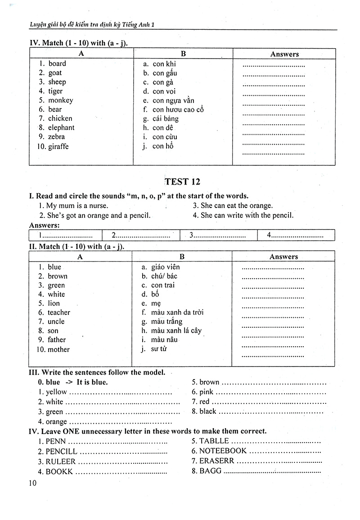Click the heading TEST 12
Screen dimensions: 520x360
[182, 182]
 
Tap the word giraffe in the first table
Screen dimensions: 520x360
[58, 146]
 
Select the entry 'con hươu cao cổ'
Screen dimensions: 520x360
[178, 109]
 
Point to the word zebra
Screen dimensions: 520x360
[57, 137]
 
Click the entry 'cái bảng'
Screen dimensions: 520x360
[165, 119]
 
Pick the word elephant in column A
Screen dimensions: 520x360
[61, 128]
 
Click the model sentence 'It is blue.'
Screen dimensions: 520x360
[92, 382]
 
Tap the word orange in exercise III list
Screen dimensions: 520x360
[56, 422]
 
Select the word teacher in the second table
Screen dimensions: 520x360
[59, 312]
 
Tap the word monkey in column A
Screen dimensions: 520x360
[60, 100]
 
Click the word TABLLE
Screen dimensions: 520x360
[214, 441]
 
